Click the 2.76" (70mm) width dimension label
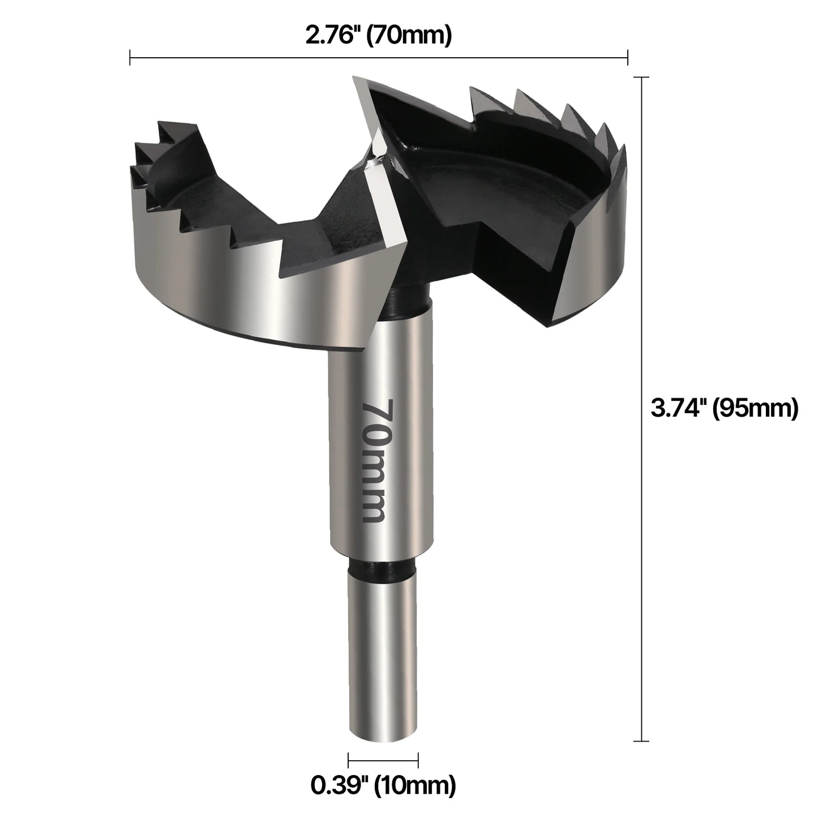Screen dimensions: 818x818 (378, 36)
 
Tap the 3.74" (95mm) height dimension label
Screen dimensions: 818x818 (724, 408)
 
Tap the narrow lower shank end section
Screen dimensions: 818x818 (383, 651)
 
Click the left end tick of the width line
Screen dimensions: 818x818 (130, 57)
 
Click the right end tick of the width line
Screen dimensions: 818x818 (627, 57)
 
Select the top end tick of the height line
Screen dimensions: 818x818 (641, 77)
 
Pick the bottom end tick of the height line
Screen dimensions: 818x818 (641, 740)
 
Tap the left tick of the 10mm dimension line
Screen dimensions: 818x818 (348, 760)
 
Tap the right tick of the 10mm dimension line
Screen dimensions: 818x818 (418, 760)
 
